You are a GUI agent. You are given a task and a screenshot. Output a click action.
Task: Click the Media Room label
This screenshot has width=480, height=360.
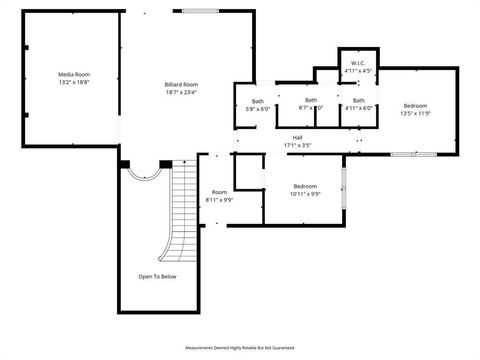pos(74,75)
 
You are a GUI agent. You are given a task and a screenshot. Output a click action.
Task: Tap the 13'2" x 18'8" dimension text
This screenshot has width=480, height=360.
pos(74,83)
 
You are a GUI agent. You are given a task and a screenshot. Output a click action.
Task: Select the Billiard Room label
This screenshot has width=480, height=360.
pos(181,85)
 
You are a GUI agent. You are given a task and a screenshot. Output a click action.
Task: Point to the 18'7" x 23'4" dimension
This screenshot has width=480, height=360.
pos(181,93)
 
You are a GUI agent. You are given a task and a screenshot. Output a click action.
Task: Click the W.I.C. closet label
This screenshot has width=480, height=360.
pos(357,64)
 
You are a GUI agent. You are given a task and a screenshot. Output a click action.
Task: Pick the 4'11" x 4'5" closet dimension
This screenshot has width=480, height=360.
pos(357,71)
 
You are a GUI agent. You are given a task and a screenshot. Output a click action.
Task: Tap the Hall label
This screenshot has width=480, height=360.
pos(297,138)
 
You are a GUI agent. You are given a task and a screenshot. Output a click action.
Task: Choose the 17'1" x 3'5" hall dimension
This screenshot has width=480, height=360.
pos(297,146)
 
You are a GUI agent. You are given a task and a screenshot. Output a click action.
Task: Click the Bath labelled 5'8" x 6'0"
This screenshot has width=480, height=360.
pos(257,101)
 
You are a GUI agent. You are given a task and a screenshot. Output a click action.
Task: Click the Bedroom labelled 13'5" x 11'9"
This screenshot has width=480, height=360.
pos(415,105)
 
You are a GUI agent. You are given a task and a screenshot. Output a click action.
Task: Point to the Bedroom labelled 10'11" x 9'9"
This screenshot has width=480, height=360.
pos(305,186)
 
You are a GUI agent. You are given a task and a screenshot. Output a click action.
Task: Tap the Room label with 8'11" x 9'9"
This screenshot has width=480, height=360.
pos(219,192)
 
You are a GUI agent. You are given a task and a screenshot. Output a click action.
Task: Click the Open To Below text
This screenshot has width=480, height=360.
pos(157,277)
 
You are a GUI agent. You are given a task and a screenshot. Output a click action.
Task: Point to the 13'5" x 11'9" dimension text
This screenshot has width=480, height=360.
pos(415,113)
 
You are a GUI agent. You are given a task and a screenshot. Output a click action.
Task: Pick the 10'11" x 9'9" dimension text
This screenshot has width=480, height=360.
pos(305,194)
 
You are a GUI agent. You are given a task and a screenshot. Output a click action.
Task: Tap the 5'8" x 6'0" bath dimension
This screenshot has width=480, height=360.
pos(257,109)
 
